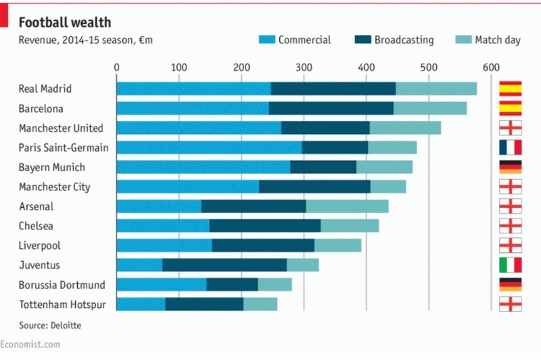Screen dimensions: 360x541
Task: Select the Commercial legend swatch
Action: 266,40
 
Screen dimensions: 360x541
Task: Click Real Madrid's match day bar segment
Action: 436,89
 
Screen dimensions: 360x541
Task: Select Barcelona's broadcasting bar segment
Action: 331,108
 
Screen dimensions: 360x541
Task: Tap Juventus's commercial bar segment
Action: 139,265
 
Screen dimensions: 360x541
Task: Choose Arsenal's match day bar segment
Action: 347,206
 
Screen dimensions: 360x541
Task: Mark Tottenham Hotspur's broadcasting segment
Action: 204,304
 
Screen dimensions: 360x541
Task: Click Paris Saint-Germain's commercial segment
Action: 209,148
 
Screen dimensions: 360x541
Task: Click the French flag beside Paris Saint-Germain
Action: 510,148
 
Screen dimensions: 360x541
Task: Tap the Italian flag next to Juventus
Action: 510,265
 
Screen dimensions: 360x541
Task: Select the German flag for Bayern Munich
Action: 510,167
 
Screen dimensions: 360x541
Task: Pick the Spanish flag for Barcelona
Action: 510,108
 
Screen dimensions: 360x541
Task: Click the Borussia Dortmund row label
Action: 62,285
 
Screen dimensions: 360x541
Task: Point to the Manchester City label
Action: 55,187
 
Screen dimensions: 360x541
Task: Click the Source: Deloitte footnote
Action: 50,325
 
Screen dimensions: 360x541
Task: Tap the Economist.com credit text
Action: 30,345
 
